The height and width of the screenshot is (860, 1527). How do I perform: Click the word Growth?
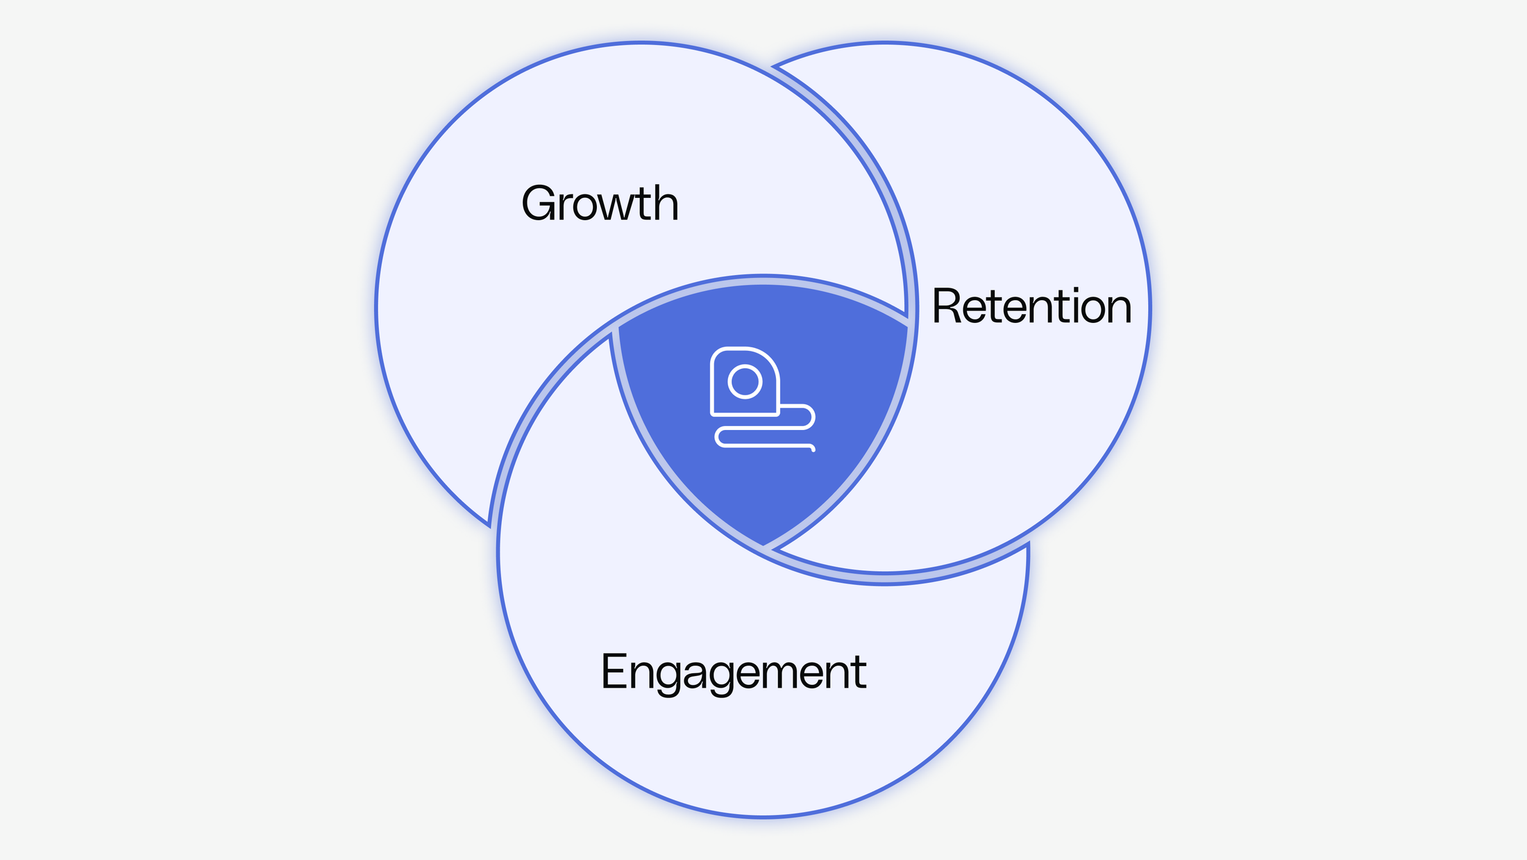tap(600, 204)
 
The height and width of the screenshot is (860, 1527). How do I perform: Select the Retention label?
tap(1031, 306)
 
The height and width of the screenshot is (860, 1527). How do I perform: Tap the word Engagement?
tap(733, 672)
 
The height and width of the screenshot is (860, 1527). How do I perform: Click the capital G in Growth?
tap(539, 204)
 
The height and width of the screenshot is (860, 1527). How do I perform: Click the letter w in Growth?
tap(612, 208)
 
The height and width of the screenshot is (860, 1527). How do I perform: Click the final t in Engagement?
tap(859, 672)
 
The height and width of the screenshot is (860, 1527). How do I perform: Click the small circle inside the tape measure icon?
tap(745, 382)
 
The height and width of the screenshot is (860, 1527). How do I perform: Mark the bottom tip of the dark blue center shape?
tap(763, 545)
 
